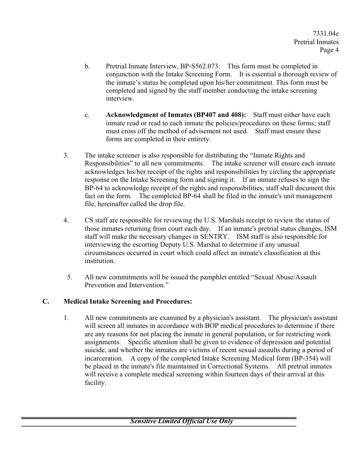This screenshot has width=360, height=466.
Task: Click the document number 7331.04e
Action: [x=326, y=34]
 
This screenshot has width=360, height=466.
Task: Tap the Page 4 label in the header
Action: [x=329, y=50]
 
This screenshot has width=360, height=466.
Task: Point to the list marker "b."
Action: [x=87, y=66]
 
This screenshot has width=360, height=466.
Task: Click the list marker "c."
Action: [x=87, y=115]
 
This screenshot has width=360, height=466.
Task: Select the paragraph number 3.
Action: [x=66, y=155]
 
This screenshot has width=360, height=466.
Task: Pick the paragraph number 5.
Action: [x=70, y=278]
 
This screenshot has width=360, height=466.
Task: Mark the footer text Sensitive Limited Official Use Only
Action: [x=181, y=421]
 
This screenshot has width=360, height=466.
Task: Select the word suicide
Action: [x=94, y=351]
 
